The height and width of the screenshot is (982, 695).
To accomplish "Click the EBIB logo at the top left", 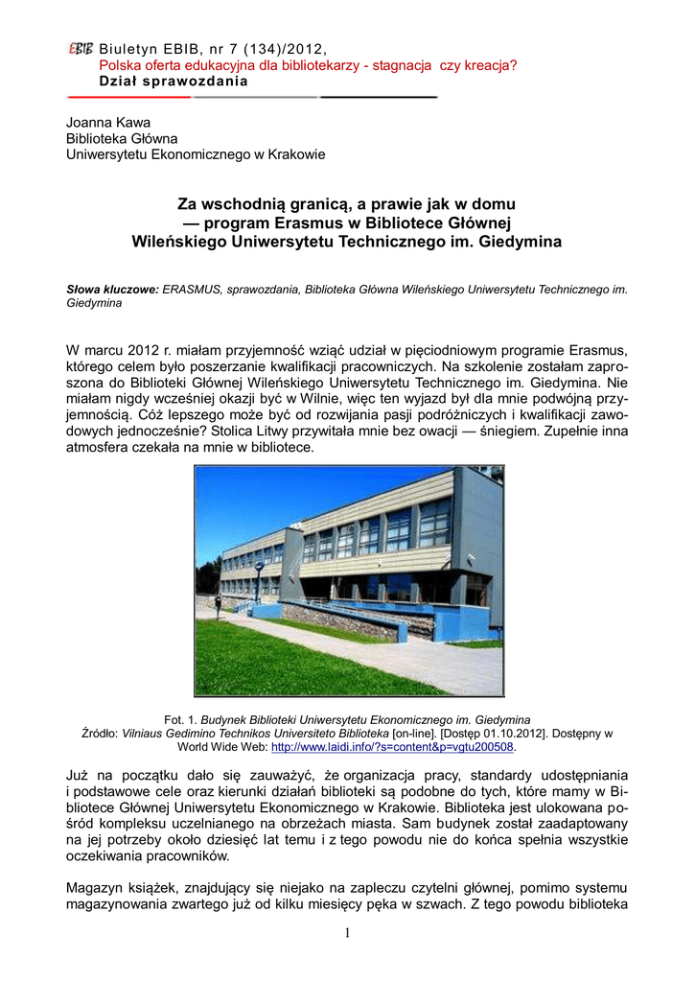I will click(80, 49).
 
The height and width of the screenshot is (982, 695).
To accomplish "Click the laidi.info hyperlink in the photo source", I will click(394, 747).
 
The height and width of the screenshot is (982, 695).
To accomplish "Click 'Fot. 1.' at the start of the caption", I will click(180, 719).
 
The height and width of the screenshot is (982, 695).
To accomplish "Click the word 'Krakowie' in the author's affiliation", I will click(297, 154).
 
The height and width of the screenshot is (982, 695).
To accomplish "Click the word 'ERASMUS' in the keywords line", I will click(192, 288).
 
